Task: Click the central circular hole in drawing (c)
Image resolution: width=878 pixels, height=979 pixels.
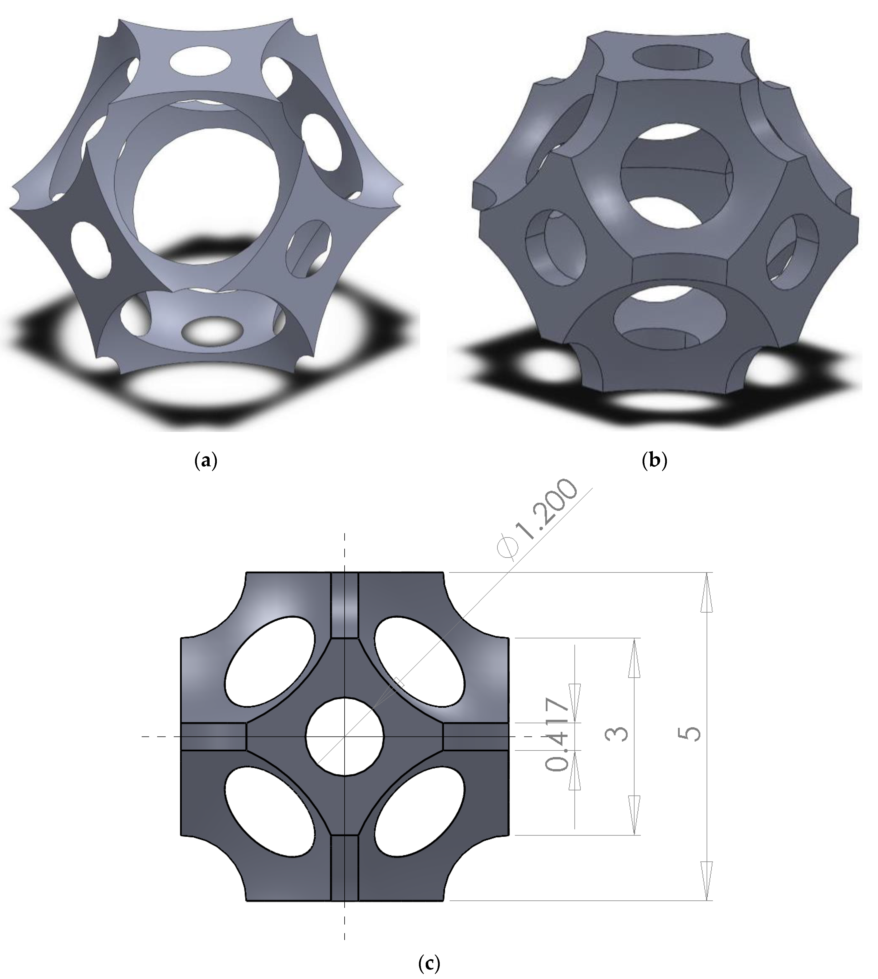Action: [x=344, y=736]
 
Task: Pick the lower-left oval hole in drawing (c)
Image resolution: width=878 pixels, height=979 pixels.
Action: [x=270, y=813]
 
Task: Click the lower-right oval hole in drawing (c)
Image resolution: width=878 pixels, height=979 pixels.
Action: [x=419, y=813]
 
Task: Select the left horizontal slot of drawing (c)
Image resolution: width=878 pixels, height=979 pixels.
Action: [x=213, y=736]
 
